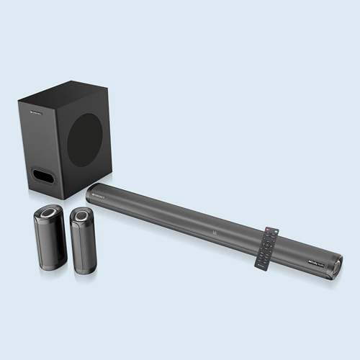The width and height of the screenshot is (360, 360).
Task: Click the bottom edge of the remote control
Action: pyautogui.click(x=260, y=269)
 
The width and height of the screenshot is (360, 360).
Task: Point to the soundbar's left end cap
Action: pyautogui.click(x=89, y=192)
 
